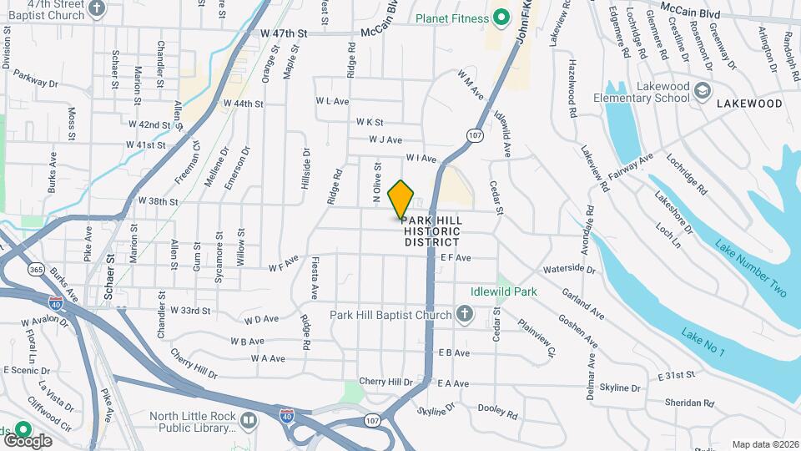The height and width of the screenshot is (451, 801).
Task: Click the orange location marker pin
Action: tap(401, 199)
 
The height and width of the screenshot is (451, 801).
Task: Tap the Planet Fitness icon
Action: tap(501, 16)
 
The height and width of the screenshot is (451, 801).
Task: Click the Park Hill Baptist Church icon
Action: tap(465, 315)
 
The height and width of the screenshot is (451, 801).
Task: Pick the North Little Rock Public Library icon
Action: tap(248, 422)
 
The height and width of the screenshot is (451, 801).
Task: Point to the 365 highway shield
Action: tap(35, 269)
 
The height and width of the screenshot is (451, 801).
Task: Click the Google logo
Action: tap(28, 440)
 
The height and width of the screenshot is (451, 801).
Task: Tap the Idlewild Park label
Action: tap(503, 292)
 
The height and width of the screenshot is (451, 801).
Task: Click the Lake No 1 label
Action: tap(703, 343)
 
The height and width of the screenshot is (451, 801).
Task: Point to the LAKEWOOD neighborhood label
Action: tap(748, 104)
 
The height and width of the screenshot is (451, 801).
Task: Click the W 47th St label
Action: tap(284, 33)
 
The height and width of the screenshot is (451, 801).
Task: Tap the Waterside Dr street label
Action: tap(569, 270)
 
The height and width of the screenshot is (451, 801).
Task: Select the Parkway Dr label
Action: tap(35, 83)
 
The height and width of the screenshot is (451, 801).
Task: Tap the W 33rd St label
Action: tap(190, 310)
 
